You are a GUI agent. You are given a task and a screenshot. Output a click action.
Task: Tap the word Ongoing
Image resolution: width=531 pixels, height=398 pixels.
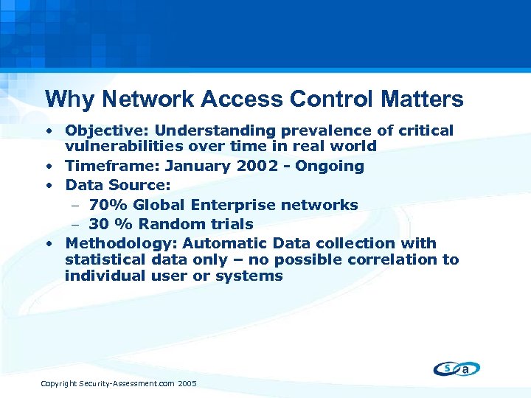329,167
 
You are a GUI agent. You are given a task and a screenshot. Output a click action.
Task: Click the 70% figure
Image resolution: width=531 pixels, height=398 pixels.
108,205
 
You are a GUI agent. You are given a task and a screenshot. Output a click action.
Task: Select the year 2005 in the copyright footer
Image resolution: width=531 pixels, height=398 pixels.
187,384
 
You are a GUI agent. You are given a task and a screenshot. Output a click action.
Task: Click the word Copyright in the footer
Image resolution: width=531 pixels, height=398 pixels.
60,384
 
